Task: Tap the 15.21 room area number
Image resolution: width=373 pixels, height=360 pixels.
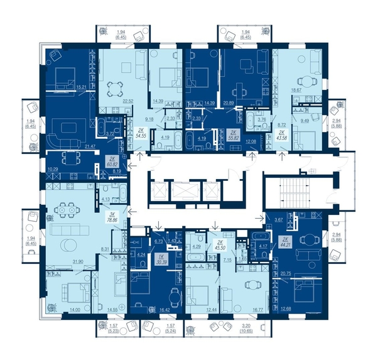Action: point(80,87)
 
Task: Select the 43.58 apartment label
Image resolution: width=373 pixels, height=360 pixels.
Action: point(283,137)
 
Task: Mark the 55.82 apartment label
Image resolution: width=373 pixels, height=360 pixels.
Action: point(233,134)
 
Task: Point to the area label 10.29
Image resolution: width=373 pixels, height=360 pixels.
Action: point(53,170)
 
